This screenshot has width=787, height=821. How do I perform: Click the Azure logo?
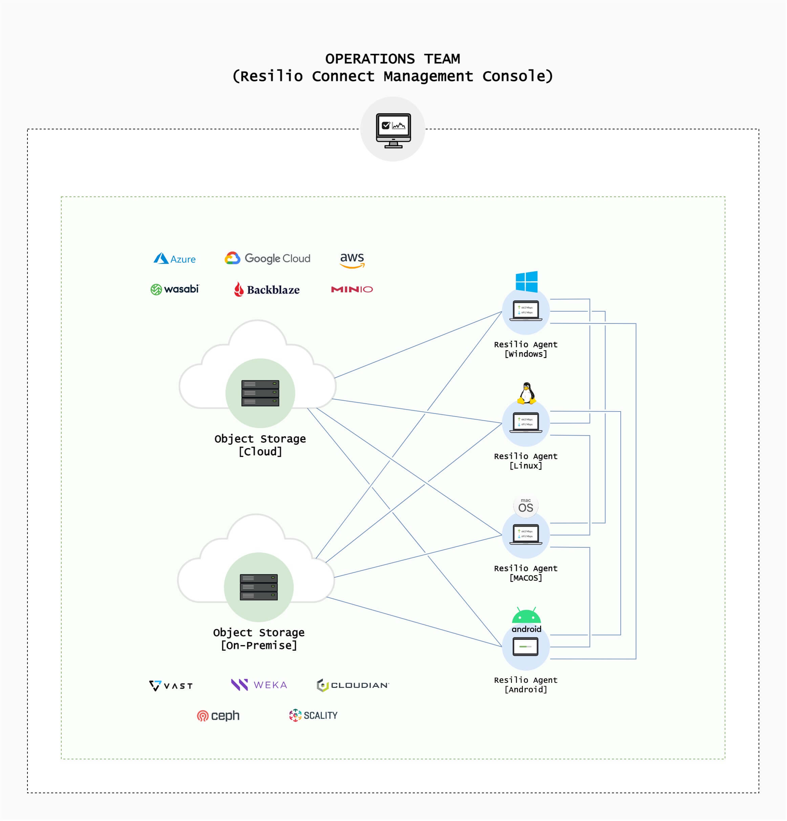[175, 259]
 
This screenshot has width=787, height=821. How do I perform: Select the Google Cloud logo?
[268, 258]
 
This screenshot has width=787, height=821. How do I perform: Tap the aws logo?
[352, 260]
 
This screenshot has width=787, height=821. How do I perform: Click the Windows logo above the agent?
[527, 281]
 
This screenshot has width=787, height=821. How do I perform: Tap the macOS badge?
[526, 506]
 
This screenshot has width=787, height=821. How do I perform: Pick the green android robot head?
[527, 616]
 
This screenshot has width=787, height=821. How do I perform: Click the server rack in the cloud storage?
[260, 393]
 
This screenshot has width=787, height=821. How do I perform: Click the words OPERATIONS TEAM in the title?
[393, 59]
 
